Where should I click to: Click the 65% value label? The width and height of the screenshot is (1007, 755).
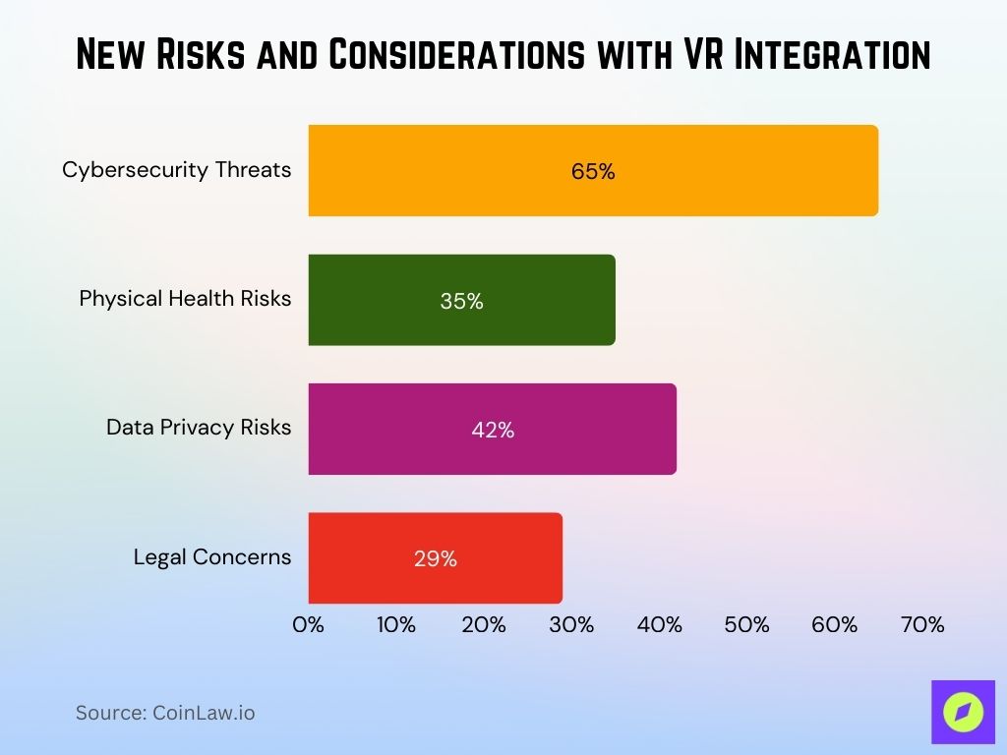[x=593, y=171]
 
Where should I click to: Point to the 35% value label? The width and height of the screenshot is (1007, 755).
[x=461, y=302]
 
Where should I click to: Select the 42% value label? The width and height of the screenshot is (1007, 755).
[x=492, y=430]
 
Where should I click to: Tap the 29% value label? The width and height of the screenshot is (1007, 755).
[x=435, y=558]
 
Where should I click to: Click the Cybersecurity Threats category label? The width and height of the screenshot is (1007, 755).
[x=177, y=170]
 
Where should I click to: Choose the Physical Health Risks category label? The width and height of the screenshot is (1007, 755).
[x=185, y=299]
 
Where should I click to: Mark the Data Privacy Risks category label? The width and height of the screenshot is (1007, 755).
[x=199, y=428]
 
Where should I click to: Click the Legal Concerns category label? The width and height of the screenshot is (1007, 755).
[x=212, y=557]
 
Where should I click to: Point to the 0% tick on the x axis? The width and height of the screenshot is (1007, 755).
[x=309, y=624]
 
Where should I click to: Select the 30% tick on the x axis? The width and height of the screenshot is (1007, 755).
[x=571, y=624]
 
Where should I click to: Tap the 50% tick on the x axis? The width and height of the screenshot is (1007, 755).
[x=746, y=624]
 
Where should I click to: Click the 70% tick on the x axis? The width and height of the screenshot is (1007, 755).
[x=922, y=624]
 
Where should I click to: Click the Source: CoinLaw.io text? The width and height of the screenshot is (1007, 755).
[x=165, y=713]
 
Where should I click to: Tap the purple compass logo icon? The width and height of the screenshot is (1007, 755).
[x=963, y=712]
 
